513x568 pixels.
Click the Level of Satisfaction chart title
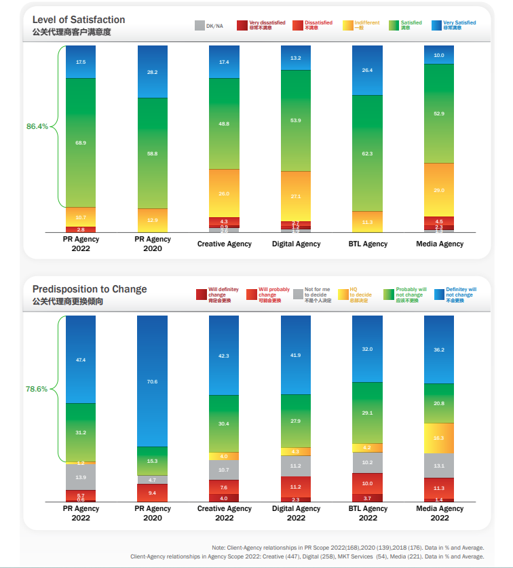(79, 20)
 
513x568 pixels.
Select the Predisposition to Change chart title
(89, 289)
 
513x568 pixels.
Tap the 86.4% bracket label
(37, 126)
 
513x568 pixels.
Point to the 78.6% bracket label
(37, 389)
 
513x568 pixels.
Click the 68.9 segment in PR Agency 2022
(81, 143)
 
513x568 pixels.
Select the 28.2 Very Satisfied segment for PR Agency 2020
(152, 72)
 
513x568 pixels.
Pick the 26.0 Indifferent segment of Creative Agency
(224, 193)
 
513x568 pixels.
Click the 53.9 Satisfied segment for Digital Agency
(296, 120)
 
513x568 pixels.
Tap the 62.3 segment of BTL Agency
(367, 153)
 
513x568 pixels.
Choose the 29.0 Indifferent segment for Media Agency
(439, 190)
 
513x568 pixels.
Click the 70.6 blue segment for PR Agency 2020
(152, 381)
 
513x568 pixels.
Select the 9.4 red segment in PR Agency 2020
(152, 493)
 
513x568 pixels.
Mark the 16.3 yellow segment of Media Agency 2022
(439, 438)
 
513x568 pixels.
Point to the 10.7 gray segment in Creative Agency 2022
(224, 470)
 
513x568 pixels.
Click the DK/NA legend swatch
(199, 25)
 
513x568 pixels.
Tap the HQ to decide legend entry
(358, 295)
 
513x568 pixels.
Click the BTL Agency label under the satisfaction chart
(367, 244)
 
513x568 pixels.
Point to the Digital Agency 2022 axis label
(296, 513)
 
